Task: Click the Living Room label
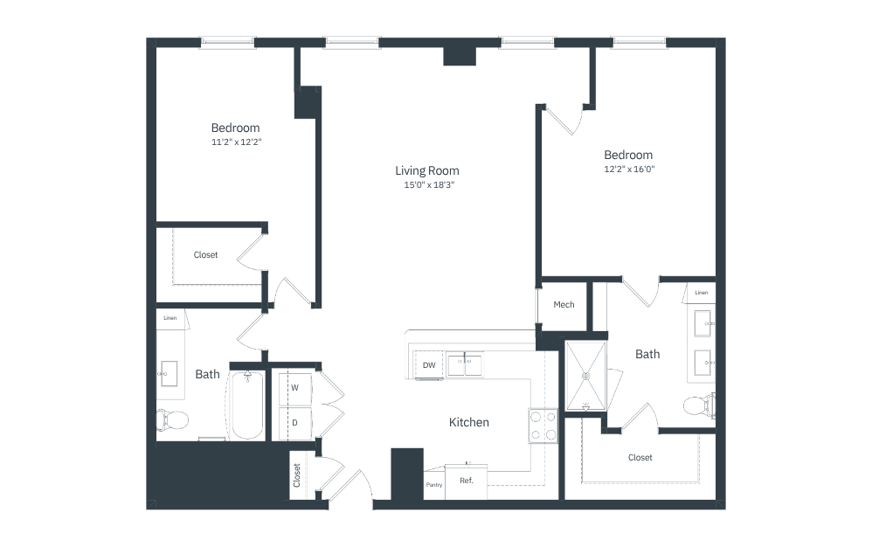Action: (427, 170)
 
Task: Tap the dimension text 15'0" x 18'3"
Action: (429, 185)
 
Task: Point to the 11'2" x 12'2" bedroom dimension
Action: (237, 142)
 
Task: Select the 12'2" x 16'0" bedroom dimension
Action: (629, 169)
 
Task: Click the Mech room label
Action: (564, 305)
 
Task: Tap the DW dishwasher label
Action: (429, 365)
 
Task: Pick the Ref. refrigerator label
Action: (467, 481)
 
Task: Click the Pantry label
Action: (433, 485)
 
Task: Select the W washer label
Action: (294, 387)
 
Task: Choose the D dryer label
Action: (294, 422)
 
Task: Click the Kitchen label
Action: (469, 422)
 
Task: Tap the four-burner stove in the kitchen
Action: (543, 426)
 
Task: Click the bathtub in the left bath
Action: (247, 405)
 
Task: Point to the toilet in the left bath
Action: (172, 419)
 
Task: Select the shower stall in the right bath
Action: (585, 377)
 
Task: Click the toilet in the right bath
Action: (699, 405)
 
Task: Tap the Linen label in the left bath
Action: (170, 318)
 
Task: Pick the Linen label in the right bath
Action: (702, 293)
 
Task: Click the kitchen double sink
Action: (466, 364)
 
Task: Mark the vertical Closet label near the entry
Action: (296, 475)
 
